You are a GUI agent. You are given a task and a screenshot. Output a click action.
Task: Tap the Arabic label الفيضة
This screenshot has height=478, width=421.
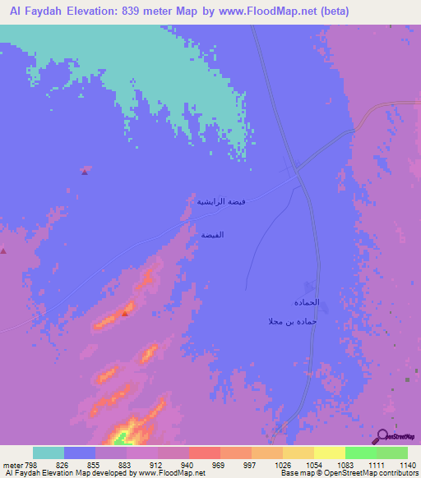212,235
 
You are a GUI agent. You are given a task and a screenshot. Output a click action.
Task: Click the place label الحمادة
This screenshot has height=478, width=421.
305,302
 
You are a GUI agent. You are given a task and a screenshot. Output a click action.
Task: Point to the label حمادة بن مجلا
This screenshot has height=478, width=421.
292,320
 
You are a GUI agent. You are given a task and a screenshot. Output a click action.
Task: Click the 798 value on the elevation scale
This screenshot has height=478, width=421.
31,464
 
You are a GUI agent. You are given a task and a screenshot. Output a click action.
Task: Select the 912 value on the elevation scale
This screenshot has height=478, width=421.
155,464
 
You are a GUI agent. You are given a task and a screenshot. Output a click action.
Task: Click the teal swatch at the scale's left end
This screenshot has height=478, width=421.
49,453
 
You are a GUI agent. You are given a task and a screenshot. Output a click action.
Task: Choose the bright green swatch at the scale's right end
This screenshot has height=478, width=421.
391,453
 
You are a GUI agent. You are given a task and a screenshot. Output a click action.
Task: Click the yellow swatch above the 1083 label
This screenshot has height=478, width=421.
329,453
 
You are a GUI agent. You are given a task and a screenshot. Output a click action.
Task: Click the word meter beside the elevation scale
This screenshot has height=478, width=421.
12,464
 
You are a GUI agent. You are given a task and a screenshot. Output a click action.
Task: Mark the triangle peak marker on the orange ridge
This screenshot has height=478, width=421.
125,313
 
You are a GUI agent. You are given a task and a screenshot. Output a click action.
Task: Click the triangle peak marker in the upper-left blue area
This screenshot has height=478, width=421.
84,172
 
